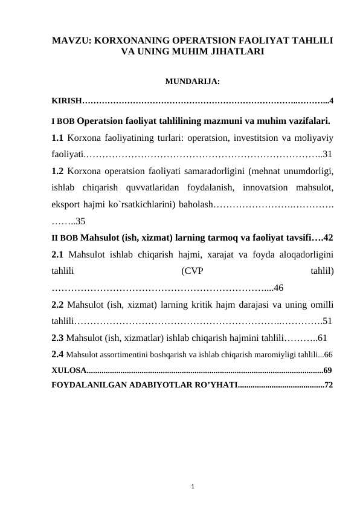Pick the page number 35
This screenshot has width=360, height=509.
coord(80,221)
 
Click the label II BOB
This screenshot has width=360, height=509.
coord(65,237)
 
